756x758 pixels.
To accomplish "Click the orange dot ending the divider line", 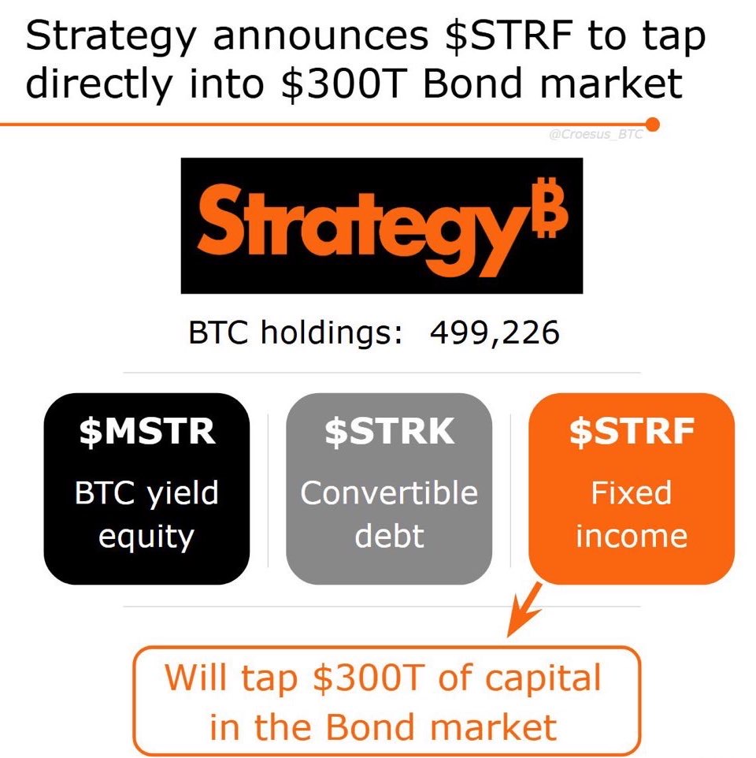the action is [x=652, y=124].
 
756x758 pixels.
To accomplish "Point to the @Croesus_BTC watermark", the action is [x=595, y=135].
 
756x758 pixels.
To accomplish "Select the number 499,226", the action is [x=495, y=333].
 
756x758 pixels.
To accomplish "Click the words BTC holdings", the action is [x=295, y=333].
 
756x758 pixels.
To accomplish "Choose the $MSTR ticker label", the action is [x=146, y=431].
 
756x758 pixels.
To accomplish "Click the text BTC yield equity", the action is [x=146, y=515].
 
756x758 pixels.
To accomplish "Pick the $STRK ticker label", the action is [x=389, y=431].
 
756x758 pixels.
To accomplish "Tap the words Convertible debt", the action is [x=389, y=514].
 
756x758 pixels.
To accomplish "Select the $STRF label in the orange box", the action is [x=632, y=431].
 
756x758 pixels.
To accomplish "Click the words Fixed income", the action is [x=632, y=514].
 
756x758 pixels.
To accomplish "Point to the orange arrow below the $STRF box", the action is [x=524, y=610].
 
